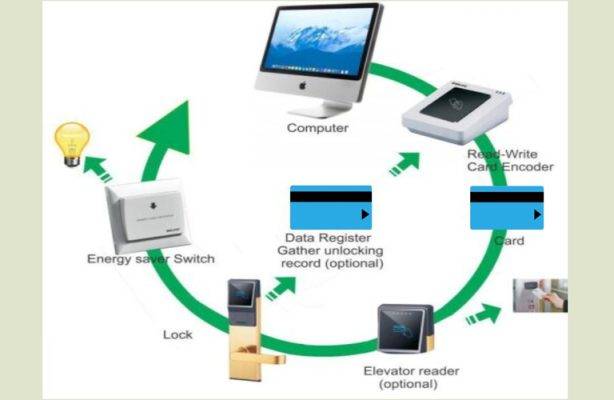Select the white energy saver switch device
(145, 214)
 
